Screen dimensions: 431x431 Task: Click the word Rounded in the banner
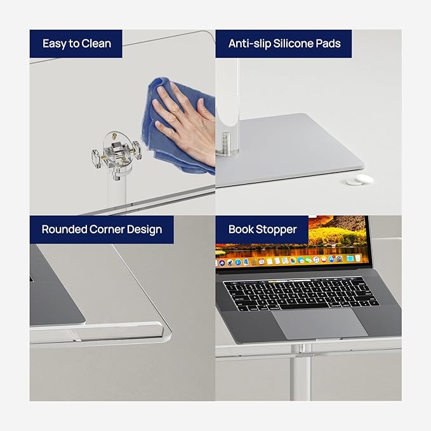64,229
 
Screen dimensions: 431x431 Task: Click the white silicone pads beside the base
359,180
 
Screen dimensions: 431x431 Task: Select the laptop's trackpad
320,323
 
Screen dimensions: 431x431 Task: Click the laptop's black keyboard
301,293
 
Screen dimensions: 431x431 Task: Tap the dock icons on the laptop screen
288,260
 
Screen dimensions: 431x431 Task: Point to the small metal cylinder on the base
226,142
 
